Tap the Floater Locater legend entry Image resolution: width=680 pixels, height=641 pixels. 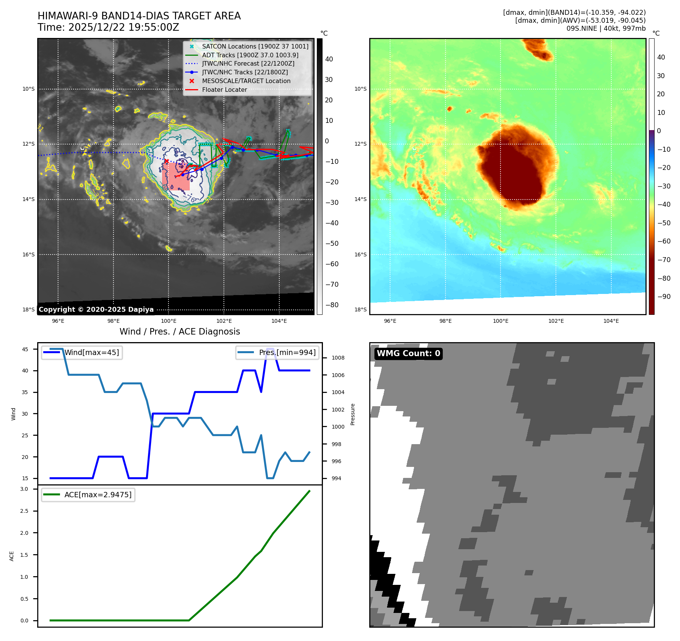tap(224, 90)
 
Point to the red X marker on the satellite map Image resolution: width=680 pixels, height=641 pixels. tap(166, 161)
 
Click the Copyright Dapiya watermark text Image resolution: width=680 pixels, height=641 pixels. tap(96, 310)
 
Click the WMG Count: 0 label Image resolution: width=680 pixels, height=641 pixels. tap(408, 353)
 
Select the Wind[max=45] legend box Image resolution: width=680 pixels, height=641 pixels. tap(82, 352)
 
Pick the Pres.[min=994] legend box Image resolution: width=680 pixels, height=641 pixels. tap(277, 352)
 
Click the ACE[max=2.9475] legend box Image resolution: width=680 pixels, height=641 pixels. tap(88, 495)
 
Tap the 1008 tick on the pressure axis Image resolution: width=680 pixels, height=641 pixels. tap(338, 358)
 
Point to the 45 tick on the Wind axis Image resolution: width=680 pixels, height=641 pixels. tap(25, 349)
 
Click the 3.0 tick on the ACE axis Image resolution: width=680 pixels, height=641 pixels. tap(24, 489)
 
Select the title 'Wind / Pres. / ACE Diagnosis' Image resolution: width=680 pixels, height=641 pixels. tap(179, 331)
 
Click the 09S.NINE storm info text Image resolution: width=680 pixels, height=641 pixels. tap(606, 28)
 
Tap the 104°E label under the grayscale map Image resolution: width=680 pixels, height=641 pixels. tap(279, 321)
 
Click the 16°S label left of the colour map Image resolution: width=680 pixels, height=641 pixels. tap(360, 255)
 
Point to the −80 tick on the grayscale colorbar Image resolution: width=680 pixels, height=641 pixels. tap(332, 305)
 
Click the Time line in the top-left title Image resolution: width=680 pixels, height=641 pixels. tap(108, 27)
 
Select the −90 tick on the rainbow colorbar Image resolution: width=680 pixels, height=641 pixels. tap(664, 297)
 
